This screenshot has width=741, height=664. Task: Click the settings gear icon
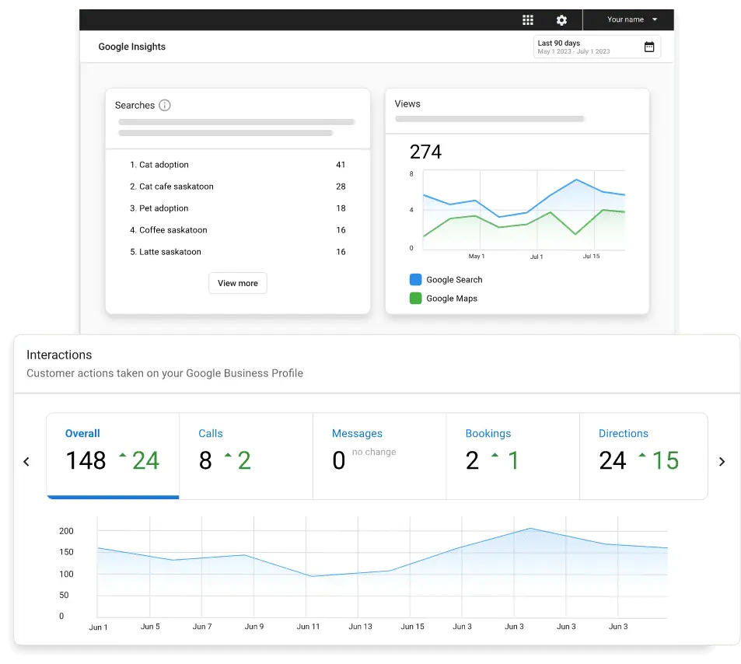[561, 20]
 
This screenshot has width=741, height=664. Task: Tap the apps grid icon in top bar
[528, 20]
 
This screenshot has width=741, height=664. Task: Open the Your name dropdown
[632, 19]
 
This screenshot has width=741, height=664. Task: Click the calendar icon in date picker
[649, 47]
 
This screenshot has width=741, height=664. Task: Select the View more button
[238, 283]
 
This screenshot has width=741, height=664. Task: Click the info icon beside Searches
[165, 105]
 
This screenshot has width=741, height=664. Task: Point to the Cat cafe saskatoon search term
[176, 187]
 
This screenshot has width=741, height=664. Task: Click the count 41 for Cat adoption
[341, 165]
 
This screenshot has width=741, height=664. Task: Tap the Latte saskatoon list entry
[170, 252]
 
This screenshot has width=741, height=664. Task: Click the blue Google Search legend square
[415, 279]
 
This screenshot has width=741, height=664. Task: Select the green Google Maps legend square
[415, 298]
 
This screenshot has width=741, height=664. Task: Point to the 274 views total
[425, 152]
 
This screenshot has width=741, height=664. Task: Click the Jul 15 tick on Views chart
[591, 256]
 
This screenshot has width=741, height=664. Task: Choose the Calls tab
[211, 433]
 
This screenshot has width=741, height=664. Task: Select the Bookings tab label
[488, 433]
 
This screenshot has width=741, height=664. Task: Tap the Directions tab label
[623, 433]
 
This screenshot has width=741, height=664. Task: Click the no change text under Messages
[374, 452]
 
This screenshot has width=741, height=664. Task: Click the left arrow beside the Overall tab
[26, 461]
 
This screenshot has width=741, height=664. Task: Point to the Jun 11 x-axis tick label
[308, 627]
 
